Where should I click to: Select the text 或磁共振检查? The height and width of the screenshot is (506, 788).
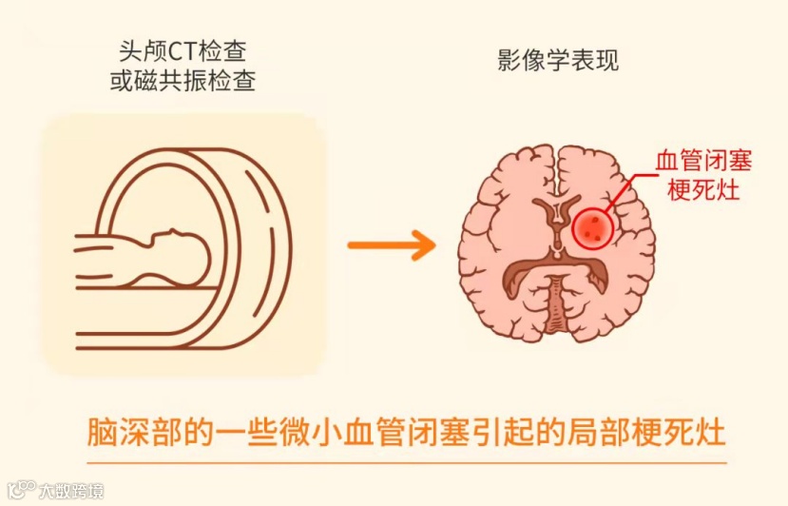[x=183, y=83]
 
